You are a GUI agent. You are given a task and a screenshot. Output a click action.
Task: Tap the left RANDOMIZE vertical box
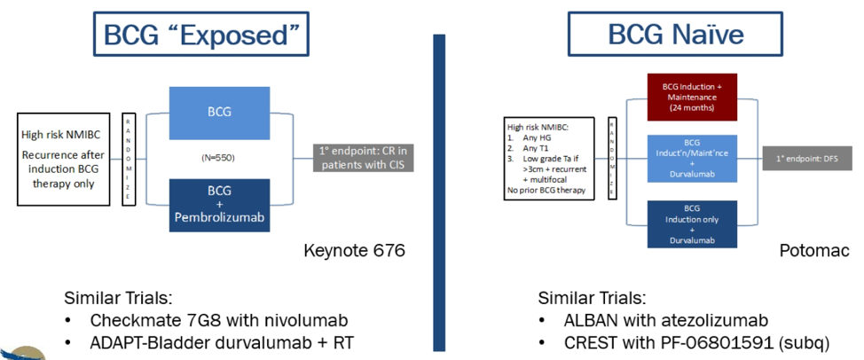[127, 160]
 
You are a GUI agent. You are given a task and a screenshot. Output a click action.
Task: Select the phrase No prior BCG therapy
[551, 190]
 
